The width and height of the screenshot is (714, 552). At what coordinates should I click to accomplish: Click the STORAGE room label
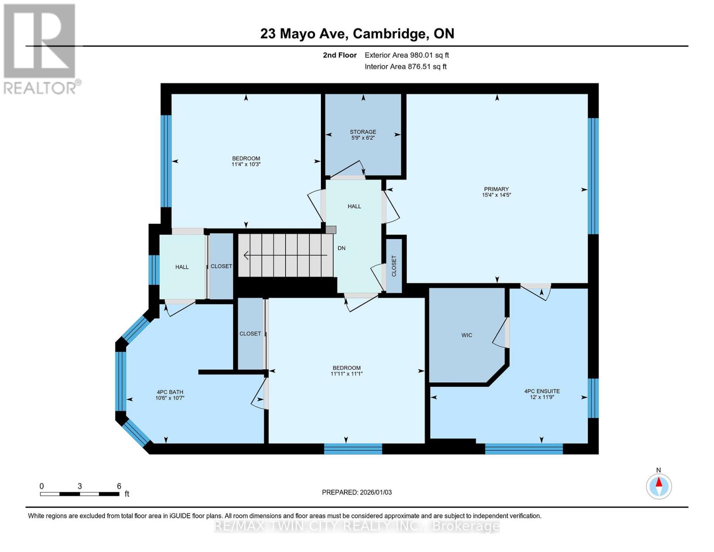tap(363, 132)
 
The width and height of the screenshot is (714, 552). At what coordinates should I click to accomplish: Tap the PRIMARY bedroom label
tap(496, 189)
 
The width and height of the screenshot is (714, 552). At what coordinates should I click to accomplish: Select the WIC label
tap(467, 335)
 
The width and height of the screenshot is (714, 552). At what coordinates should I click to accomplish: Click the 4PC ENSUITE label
tap(542, 391)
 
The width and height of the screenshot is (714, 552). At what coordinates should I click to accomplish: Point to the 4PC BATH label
tap(170, 392)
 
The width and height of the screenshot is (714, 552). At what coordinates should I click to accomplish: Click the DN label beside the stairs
tap(342, 248)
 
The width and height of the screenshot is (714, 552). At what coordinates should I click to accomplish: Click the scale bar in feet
tap(80, 494)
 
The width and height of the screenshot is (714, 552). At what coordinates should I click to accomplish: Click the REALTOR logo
tap(40, 49)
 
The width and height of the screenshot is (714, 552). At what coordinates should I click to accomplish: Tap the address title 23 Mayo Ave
tap(357, 34)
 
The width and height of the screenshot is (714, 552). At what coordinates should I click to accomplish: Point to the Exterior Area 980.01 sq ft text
tap(406, 55)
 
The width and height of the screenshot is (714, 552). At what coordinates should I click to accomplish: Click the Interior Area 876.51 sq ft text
tap(406, 67)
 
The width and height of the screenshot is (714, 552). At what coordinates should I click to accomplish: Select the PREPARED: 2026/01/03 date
tap(357, 492)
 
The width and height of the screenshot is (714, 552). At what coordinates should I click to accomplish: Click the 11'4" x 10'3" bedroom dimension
tap(246, 164)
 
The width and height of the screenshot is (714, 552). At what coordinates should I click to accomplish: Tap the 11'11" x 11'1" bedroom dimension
tap(347, 374)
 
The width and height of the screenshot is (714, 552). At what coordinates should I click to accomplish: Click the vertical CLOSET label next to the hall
tap(394, 266)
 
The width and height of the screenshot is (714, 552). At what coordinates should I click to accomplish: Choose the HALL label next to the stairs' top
tap(354, 207)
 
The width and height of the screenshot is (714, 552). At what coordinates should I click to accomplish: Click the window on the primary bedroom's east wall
tap(593, 176)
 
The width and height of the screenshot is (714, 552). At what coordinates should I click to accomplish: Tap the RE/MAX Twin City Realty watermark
tap(357, 526)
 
